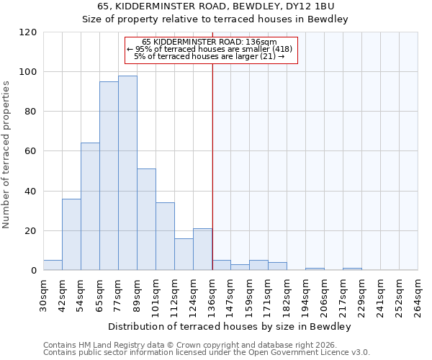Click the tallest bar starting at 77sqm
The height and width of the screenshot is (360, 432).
coord(127,173)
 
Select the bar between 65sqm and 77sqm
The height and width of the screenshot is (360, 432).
coord(109,176)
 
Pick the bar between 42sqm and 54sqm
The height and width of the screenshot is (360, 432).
coord(71,234)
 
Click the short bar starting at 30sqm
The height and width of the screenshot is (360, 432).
coord(53,265)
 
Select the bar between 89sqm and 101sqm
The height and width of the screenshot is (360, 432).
coord(146,220)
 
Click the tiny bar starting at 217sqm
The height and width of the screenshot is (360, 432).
coord(352,269)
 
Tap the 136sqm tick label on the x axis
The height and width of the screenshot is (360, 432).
coord(212,293)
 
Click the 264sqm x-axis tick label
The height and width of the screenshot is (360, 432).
coord(418,293)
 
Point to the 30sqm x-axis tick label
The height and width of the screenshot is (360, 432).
coord(43,293)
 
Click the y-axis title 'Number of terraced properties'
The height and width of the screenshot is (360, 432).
coord(7,154)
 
